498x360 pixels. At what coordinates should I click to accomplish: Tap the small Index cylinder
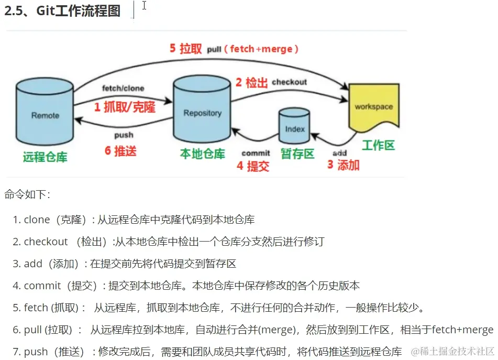295,127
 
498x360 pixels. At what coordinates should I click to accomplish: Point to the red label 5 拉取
185,49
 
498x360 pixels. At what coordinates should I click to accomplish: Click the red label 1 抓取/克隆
125,107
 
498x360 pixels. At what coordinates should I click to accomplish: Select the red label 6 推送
120,151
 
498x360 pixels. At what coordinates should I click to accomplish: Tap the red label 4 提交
252,166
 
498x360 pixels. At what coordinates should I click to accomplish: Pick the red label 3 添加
343,165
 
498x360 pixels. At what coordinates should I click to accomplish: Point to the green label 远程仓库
45,157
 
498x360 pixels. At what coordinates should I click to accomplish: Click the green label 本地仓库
202,154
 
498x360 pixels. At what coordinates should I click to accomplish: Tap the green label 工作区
378,145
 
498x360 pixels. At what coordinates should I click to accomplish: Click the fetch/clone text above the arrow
123,88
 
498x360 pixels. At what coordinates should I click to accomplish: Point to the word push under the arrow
124,135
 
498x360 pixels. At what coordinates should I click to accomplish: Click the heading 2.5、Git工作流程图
62,11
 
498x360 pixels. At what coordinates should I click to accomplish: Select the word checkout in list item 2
46,242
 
